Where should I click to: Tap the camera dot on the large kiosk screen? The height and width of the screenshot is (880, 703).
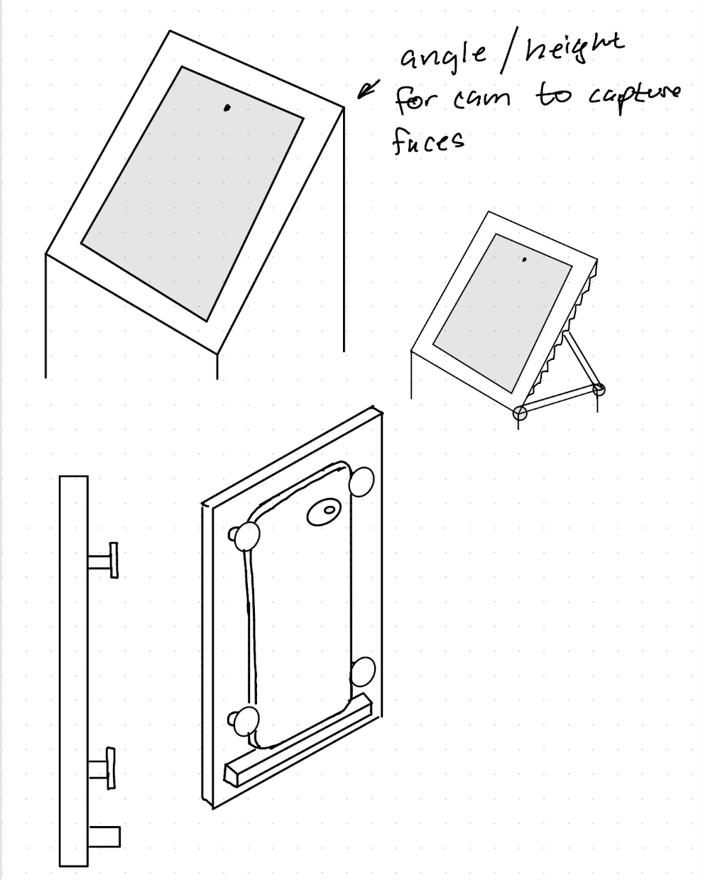point(227,109)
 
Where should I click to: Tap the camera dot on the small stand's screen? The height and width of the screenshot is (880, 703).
point(524,260)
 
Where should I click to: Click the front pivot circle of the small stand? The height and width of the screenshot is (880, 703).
point(521,413)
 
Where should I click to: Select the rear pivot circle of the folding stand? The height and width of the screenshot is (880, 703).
point(599,388)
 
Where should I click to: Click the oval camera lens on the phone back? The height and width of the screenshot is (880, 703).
point(325,511)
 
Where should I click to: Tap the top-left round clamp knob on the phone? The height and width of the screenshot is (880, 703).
point(246,537)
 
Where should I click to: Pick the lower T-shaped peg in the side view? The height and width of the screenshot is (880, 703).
point(102,767)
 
